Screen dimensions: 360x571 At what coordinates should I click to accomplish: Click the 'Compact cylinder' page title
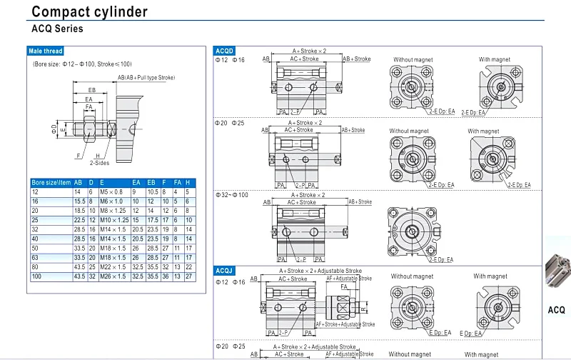point(89,11)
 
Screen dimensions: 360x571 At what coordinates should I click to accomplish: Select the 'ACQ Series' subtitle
point(57,29)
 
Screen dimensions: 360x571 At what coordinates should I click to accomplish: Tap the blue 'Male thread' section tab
point(46,51)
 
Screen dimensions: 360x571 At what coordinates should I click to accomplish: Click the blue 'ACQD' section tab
point(225,51)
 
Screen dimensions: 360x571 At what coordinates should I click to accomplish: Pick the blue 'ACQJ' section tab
point(225,271)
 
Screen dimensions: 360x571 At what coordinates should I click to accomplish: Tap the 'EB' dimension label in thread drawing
point(92,90)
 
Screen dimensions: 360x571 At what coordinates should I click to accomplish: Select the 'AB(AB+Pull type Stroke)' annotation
point(146,77)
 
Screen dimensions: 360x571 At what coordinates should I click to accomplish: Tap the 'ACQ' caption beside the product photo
point(556,310)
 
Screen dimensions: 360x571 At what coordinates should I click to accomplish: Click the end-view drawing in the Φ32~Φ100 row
point(412,232)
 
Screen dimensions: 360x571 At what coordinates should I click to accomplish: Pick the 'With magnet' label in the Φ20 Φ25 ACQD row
point(483,131)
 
